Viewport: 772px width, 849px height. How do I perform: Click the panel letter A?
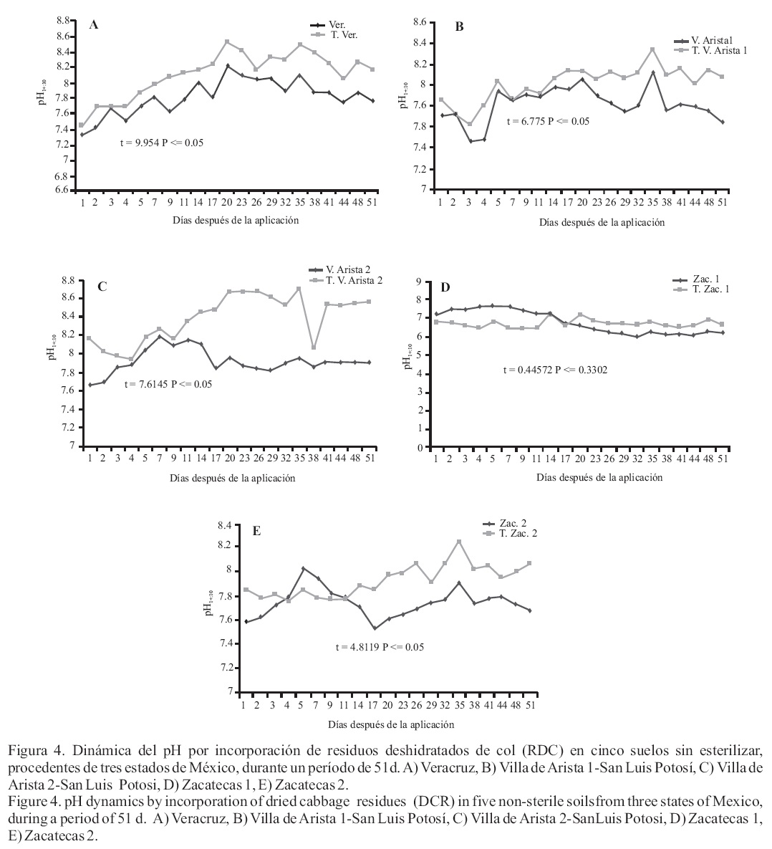click(x=93, y=25)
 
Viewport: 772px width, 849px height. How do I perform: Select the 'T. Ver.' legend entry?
click(x=343, y=34)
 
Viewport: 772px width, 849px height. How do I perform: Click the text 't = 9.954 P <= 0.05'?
click(x=162, y=143)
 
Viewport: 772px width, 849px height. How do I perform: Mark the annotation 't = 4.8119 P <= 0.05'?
click(x=380, y=647)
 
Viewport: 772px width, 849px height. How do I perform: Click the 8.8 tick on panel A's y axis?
click(x=62, y=20)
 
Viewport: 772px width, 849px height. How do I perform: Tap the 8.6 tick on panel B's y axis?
click(x=417, y=23)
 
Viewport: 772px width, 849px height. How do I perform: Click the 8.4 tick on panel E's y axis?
click(x=224, y=525)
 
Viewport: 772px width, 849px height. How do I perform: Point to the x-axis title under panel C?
click(x=233, y=478)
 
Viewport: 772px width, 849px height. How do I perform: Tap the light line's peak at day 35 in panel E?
click(x=459, y=541)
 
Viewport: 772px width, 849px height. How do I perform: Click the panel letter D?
click(x=445, y=287)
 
